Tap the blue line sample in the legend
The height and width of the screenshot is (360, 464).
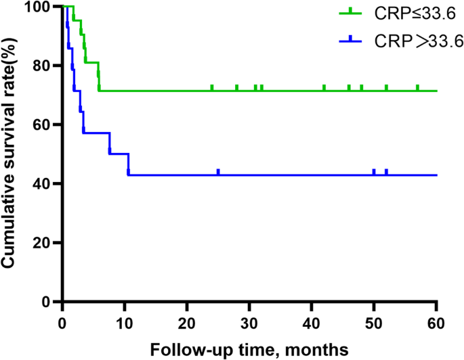pos(351,41)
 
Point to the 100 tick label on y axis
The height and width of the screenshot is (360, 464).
pos(43,7)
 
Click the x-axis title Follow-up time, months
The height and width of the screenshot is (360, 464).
pos(249,348)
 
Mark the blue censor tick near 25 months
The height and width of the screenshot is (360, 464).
pos(218,172)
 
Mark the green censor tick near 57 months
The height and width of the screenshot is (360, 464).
pos(417,88)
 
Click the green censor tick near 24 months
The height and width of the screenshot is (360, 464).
pos(212,88)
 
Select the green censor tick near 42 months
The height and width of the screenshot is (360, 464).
pos(324,88)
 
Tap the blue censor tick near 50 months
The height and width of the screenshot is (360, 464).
pos(374,172)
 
